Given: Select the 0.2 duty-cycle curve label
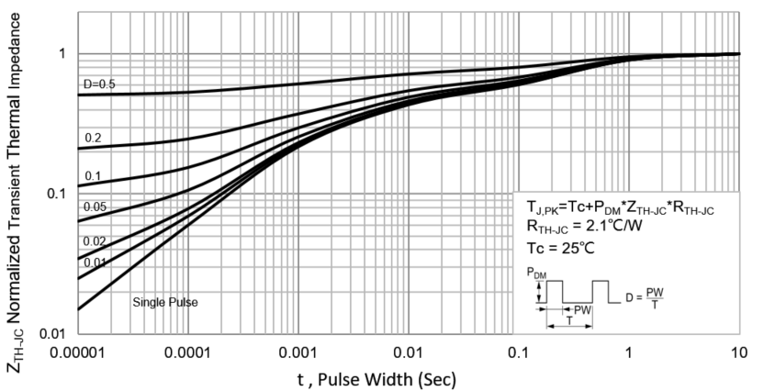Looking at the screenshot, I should (93, 139).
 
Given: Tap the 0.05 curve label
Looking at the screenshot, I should (95, 207).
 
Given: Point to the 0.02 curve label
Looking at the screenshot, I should (95, 241).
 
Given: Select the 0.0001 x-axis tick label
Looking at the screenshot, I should (187, 353).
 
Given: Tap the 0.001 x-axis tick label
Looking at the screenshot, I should (298, 353).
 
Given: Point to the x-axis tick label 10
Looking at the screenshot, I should (738, 353).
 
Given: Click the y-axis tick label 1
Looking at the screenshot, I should (62, 54).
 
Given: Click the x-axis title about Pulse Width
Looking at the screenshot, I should (383, 377).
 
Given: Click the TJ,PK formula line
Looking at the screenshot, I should (621, 209).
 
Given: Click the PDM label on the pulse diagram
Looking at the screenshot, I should (537, 274).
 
